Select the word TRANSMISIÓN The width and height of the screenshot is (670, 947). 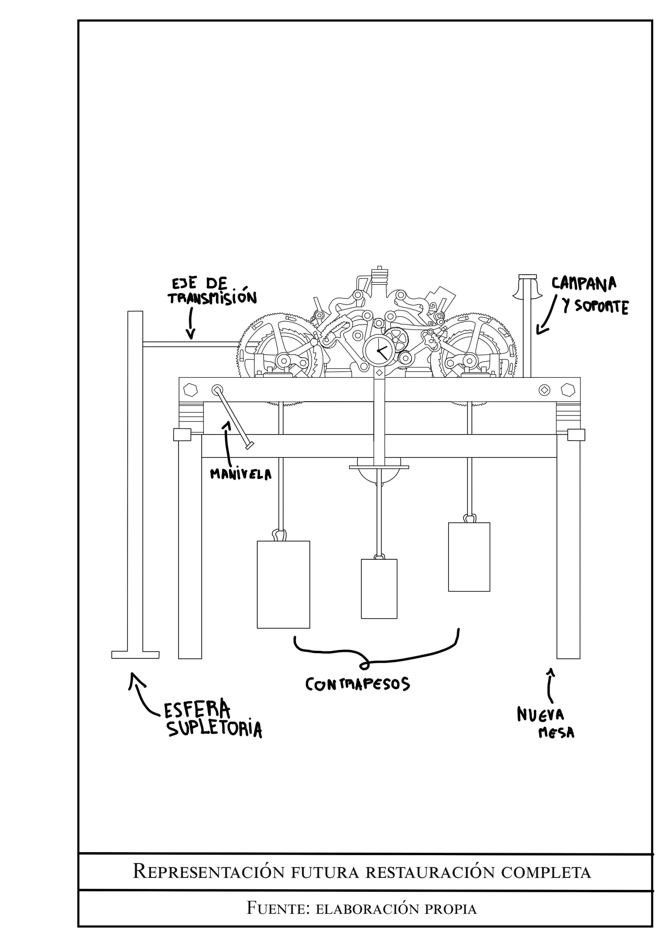click(212, 298)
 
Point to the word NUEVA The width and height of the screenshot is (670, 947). click(540, 715)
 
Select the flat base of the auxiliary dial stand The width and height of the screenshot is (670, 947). click(135, 655)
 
